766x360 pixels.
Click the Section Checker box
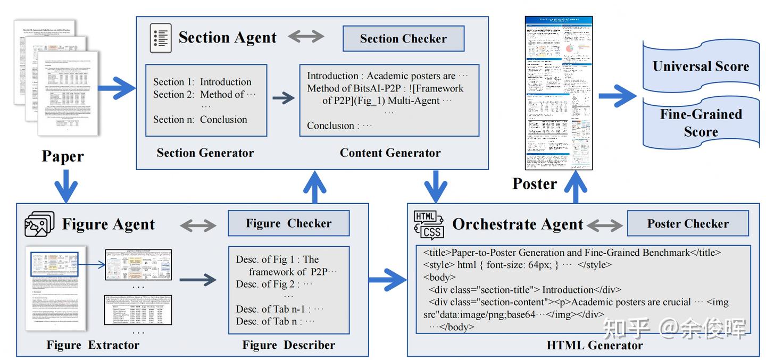tap(403, 39)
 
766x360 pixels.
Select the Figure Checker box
tap(288, 223)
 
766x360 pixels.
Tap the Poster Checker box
tap(687, 223)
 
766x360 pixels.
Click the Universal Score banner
tap(701, 66)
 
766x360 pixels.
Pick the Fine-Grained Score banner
tap(701, 123)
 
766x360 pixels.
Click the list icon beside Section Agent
tap(160, 38)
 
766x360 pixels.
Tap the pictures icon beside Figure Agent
tap(39, 224)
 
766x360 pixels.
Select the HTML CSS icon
tap(428, 224)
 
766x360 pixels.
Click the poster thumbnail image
tap(559, 93)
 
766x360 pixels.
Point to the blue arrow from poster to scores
tap(617, 96)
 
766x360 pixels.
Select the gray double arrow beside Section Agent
tap(306, 37)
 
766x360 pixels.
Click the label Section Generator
tap(205, 153)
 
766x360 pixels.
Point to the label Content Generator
tap(390, 153)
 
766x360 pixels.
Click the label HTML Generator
tap(594, 345)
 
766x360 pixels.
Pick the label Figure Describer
tap(288, 345)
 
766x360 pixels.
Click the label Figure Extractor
tap(93, 345)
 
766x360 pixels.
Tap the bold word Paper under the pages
tap(63, 156)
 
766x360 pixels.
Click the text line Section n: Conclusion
tap(200, 120)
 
